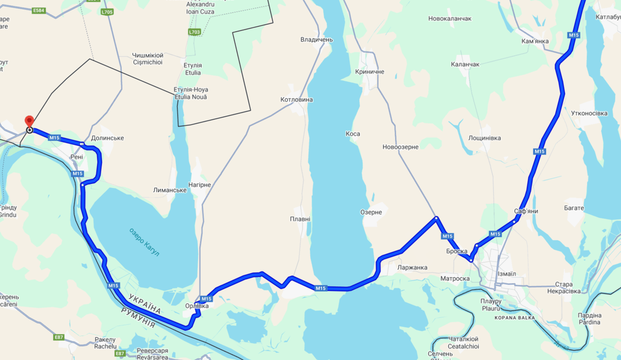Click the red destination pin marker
point(29,121)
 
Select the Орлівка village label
point(197,306)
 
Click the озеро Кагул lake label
point(144,242)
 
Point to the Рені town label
point(76,157)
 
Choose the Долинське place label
point(107,138)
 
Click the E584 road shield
point(39,10)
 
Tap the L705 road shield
point(107,12)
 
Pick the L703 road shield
point(194,32)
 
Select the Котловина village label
point(296,100)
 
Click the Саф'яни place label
point(526,211)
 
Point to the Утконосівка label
point(589,113)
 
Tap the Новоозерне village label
point(400,147)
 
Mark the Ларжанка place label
point(412,268)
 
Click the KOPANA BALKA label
point(515,318)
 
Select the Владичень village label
point(317,40)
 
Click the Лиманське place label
point(170,190)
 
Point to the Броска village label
point(456,252)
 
